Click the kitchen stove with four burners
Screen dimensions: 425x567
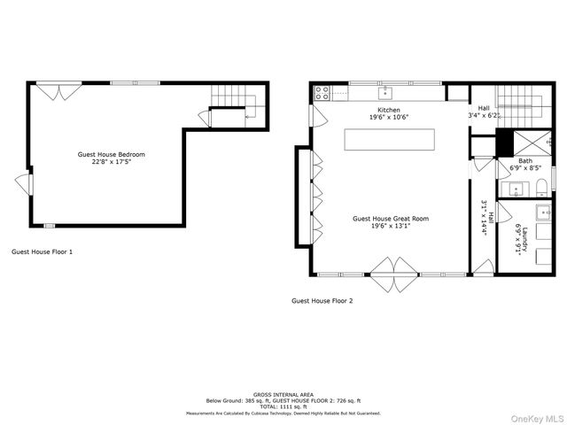coord(322,90)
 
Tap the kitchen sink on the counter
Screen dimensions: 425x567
coord(386,91)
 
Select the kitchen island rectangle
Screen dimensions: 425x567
coord(391,140)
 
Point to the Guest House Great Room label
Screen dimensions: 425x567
coord(391,221)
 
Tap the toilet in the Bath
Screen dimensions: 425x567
coord(540,186)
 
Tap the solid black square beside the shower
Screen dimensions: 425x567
coord(506,143)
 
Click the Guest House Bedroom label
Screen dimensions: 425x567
coord(111,158)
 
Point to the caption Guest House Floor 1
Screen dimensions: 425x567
coord(42,251)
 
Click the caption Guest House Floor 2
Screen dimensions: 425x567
coord(322,301)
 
